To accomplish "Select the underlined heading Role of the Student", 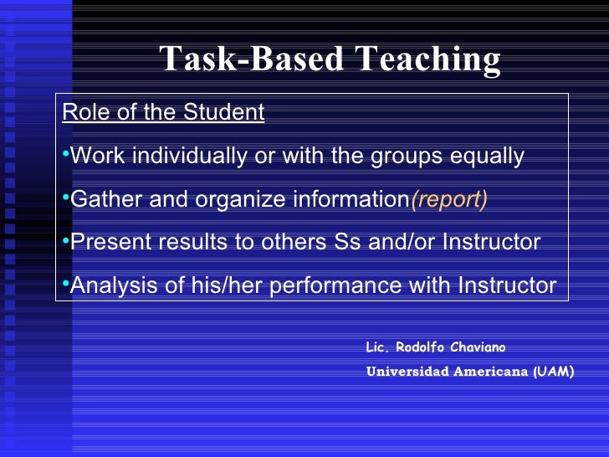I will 163,112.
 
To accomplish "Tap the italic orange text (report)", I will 448,199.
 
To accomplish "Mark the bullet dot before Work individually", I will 66,156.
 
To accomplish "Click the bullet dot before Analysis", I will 66,285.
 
